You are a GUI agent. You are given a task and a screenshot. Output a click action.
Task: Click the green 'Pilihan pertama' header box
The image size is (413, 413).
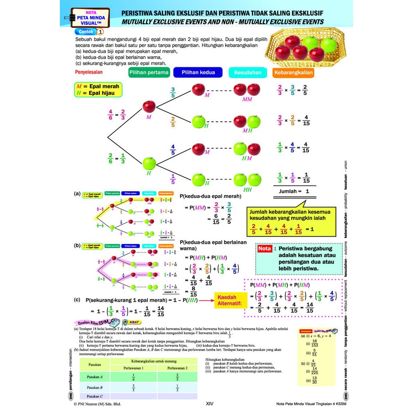coord(149,73)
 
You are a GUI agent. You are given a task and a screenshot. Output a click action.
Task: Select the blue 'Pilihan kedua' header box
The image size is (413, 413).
coord(197,73)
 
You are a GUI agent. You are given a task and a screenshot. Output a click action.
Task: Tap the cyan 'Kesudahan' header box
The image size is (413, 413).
coord(248,73)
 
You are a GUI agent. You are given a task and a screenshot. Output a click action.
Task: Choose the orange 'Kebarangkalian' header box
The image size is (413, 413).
coord(293,73)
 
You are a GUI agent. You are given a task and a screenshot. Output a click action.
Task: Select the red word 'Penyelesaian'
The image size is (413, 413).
coord(89,72)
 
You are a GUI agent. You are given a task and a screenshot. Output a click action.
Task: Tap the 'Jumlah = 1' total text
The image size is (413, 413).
coord(294,191)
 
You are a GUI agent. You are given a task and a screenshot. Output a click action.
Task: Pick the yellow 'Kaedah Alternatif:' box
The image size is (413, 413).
coord(230,301)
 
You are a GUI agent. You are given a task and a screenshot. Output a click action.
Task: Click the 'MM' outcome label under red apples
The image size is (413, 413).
coord(247,99)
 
